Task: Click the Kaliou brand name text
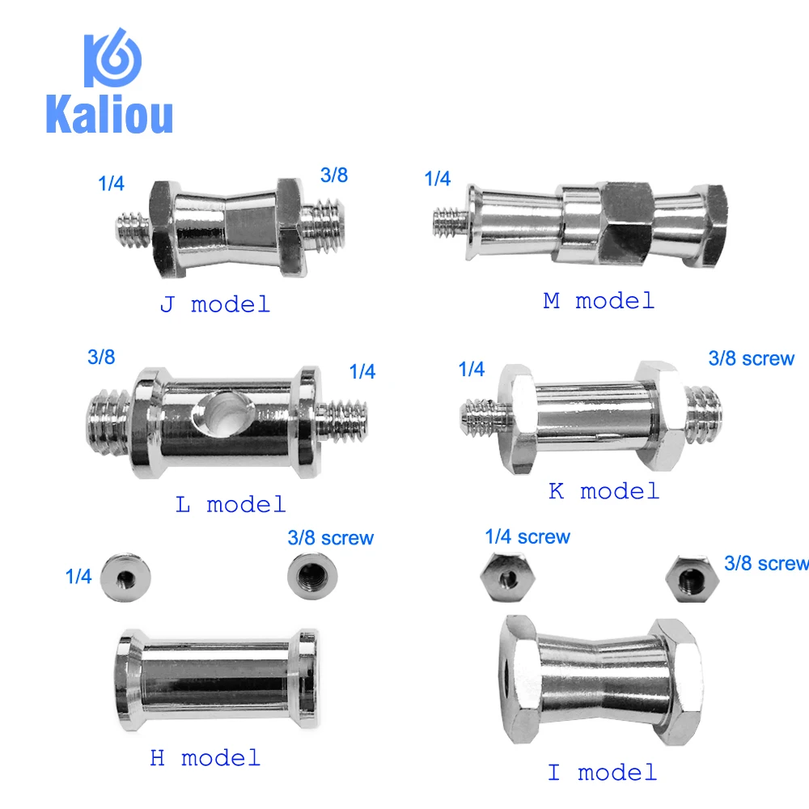(x=109, y=115)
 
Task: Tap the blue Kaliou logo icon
(x=113, y=57)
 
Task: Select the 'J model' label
(x=214, y=304)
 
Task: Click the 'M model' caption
(x=599, y=301)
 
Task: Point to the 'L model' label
(x=230, y=505)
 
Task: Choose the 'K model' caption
(x=604, y=491)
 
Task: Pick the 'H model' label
(x=205, y=758)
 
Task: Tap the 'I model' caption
(x=602, y=773)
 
